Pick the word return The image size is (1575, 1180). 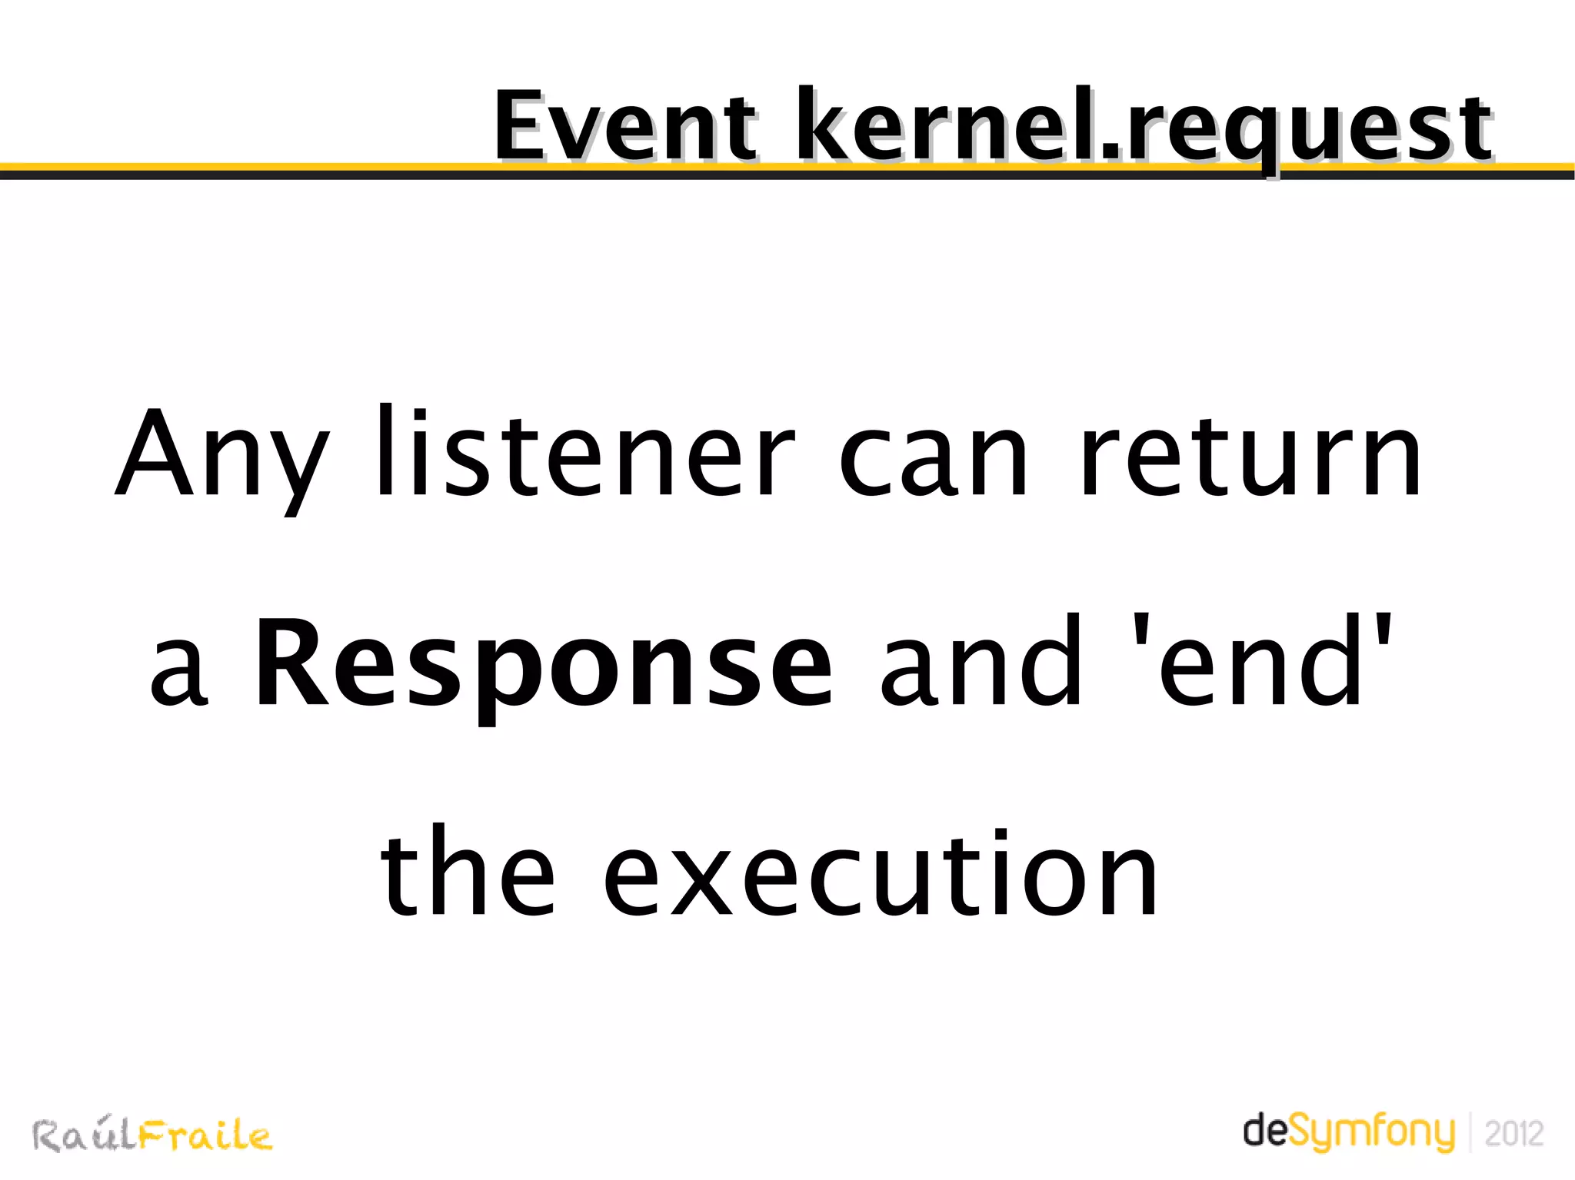(x=1249, y=458)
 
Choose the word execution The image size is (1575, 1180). (x=881, y=873)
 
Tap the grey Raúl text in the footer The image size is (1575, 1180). (x=85, y=1136)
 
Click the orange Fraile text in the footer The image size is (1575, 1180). (x=205, y=1136)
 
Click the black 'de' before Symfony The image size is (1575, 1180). (x=1264, y=1130)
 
